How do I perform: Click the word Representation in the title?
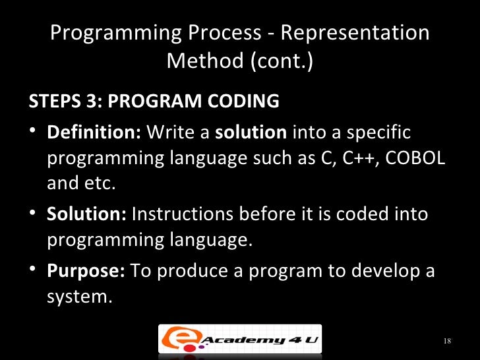tap(353, 34)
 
